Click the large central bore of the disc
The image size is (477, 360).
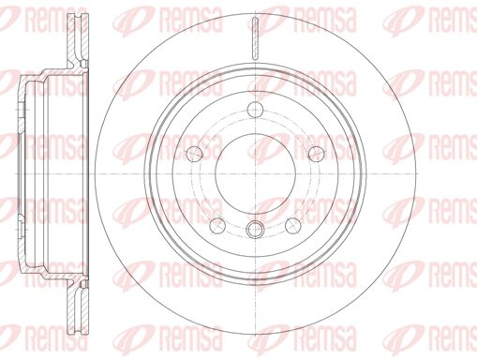coord(256,173)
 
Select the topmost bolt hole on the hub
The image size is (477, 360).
coord(256,110)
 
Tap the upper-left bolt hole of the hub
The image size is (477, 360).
coord(195,154)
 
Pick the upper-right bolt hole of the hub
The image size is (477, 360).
coord(317,154)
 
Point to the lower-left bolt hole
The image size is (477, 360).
coord(217,225)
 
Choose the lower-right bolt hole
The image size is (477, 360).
coord(293,225)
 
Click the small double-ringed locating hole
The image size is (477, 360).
coord(255,230)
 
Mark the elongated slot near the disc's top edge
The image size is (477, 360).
coord(256,38)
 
